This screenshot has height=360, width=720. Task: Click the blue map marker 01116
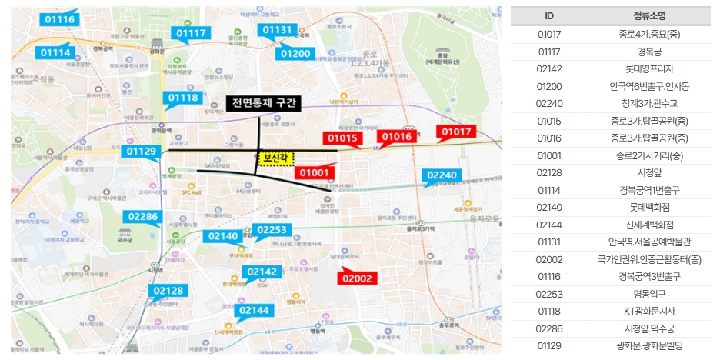click(x=60, y=19)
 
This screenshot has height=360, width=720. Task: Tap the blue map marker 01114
click(x=56, y=52)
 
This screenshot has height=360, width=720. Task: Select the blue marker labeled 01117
click(x=191, y=33)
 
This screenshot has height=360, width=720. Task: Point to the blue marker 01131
click(x=278, y=30)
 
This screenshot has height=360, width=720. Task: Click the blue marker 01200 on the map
click(x=295, y=54)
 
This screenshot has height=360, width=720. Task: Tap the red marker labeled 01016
click(x=397, y=137)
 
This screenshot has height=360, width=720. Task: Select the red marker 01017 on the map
click(x=455, y=132)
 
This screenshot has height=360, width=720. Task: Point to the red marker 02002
click(x=357, y=278)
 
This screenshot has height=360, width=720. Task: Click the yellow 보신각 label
click(x=275, y=157)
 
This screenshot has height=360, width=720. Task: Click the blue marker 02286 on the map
click(x=143, y=217)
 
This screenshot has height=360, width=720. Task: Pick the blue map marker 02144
click(x=255, y=310)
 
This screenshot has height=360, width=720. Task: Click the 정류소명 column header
click(x=648, y=16)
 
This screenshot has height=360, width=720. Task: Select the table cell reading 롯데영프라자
click(x=648, y=68)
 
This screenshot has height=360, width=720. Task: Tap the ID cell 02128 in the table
click(x=549, y=172)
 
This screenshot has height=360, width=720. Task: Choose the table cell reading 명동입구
click(x=648, y=293)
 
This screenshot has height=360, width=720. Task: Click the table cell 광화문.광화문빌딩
click(x=648, y=345)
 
